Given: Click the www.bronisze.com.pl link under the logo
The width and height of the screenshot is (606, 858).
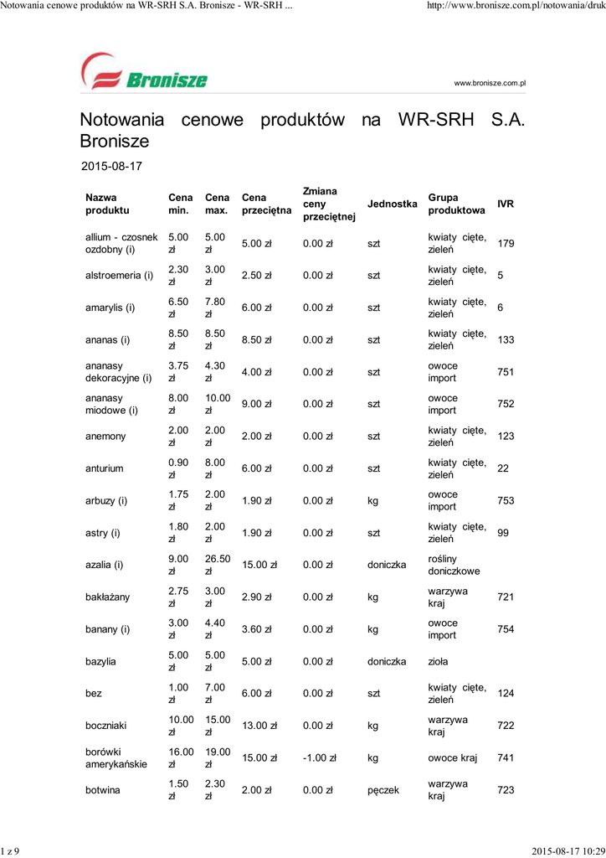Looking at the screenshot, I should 489,83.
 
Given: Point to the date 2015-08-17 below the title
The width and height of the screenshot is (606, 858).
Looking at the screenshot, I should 111,166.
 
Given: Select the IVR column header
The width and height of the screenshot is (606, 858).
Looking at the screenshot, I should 506,204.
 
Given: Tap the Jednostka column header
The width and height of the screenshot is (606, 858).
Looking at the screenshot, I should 392,204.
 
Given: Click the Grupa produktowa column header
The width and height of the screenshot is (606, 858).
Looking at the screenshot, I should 456,204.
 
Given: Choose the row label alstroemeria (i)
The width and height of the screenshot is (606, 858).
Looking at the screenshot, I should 119,276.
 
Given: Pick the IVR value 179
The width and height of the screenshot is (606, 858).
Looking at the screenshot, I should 506,244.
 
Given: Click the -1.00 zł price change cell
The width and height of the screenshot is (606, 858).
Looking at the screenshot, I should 319,758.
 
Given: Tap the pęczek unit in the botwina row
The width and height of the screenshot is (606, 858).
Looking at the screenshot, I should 384,790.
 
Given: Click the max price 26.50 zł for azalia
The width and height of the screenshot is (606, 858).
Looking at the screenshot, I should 217,565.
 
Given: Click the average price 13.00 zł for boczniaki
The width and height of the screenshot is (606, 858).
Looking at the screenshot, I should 259,726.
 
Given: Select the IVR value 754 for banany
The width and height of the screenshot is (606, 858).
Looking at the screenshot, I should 506,629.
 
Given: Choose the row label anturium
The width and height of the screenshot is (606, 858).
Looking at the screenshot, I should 105,468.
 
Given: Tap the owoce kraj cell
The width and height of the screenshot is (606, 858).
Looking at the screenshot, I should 453,758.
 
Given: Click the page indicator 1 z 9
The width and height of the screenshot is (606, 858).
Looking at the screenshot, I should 11,851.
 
